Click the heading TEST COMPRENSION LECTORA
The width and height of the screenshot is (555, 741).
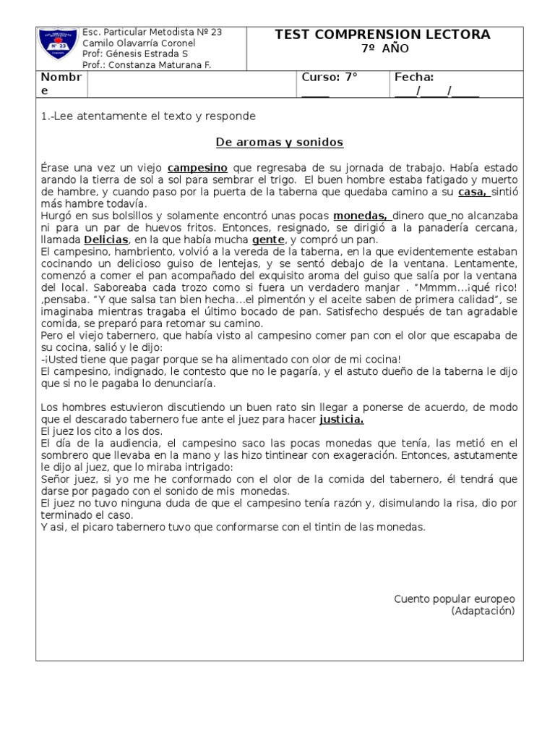(x=383, y=35)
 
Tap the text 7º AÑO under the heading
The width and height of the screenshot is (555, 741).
(x=383, y=49)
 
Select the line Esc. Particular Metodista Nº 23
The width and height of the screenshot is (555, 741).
(x=152, y=33)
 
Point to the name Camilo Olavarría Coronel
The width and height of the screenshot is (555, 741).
(x=139, y=43)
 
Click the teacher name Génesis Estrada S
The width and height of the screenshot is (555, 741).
(x=136, y=54)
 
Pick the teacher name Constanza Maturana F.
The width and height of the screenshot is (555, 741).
(x=147, y=65)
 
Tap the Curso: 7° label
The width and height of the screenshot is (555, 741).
(x=330, y=77)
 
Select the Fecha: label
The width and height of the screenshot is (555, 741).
(x=414, y=77)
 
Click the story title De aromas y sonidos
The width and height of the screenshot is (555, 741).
(x=280, y=142)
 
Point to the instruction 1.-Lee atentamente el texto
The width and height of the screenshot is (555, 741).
(x=148, y=116)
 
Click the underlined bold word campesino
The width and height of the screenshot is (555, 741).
(x=197, y=167)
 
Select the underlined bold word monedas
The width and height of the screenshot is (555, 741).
(x=361, y=216)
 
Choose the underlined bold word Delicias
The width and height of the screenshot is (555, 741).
(x=106, y=240)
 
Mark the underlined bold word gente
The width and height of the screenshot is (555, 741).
(x=267, y=240)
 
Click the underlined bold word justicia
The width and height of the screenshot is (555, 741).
(x=341, y=419)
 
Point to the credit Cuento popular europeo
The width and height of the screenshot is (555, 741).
(x=454, y=599)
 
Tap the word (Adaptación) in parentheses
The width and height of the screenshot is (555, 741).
(x=483, y=611)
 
